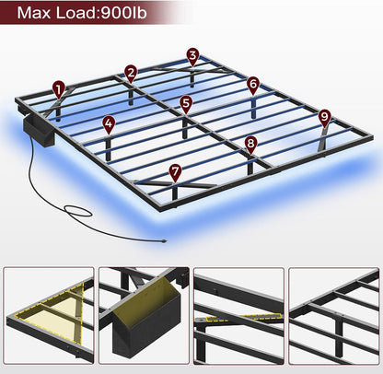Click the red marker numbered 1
pyautogui.click(x=59, y=89)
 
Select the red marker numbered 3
pyautogui.click(x=191, y=56)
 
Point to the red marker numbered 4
pyautogui.click(x=109, y=123)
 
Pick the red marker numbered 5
pyautogui.click(x=186, y=104)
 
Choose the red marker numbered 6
pyautogui.click(x=253, y=84)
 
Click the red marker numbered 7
pyautogui.click(x=176, y=170)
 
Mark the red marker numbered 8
pyautogui.click(x=251, y=144)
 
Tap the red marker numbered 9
pyautogui.click(x=324, y=117)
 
